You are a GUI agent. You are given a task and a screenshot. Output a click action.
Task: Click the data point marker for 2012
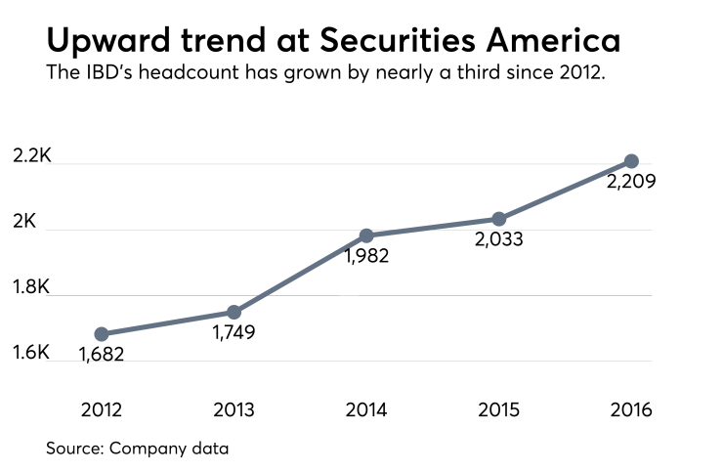coord(102,334)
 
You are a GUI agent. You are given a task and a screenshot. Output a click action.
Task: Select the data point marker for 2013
coord(234,312)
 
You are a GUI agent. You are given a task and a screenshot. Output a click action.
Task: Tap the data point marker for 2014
coord(366,235)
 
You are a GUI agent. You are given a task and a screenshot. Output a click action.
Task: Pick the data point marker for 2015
coord(498,219)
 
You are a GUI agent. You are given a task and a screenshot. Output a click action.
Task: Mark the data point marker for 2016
coord(631,161)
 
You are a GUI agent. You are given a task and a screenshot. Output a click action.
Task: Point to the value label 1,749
coord(234,334)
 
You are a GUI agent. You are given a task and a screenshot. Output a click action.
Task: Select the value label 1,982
coord(366,258)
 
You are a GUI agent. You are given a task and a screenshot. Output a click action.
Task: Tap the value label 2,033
coord(499,240)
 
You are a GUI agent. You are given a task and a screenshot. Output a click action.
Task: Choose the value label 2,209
coord(631,183)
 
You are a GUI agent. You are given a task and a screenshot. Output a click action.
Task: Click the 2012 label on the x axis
coord(102,409)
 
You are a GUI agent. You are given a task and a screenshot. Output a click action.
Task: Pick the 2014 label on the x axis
coord(366,409)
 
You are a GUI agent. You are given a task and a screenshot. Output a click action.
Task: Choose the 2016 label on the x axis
coord(631,409)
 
